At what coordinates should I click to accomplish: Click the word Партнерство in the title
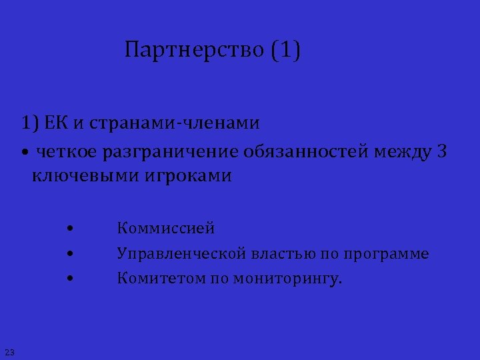[x=195, y=51]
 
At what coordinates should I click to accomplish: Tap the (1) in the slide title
[x=286, y=51]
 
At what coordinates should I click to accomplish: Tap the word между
[x=403, y=152]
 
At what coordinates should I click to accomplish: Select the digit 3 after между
[x=442, y=152]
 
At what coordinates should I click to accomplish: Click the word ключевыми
[x=80, y=176]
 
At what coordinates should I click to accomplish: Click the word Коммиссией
[x=166, y=229]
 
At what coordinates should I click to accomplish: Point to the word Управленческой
[x=181, y=254]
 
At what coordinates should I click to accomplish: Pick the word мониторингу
[x=287, y=279]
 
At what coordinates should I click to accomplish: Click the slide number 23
[x=9, y=351]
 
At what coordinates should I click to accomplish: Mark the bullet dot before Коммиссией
[x=69, y=229]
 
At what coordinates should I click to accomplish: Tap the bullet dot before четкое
[x=24, y=153]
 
